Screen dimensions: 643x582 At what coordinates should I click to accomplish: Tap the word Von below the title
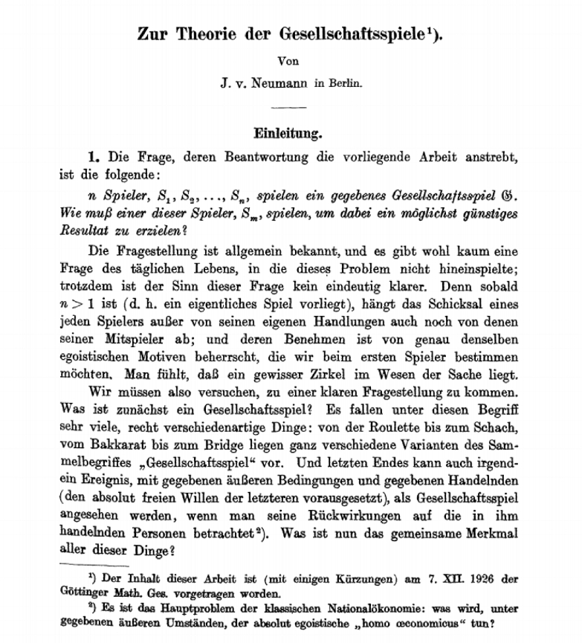291,62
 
